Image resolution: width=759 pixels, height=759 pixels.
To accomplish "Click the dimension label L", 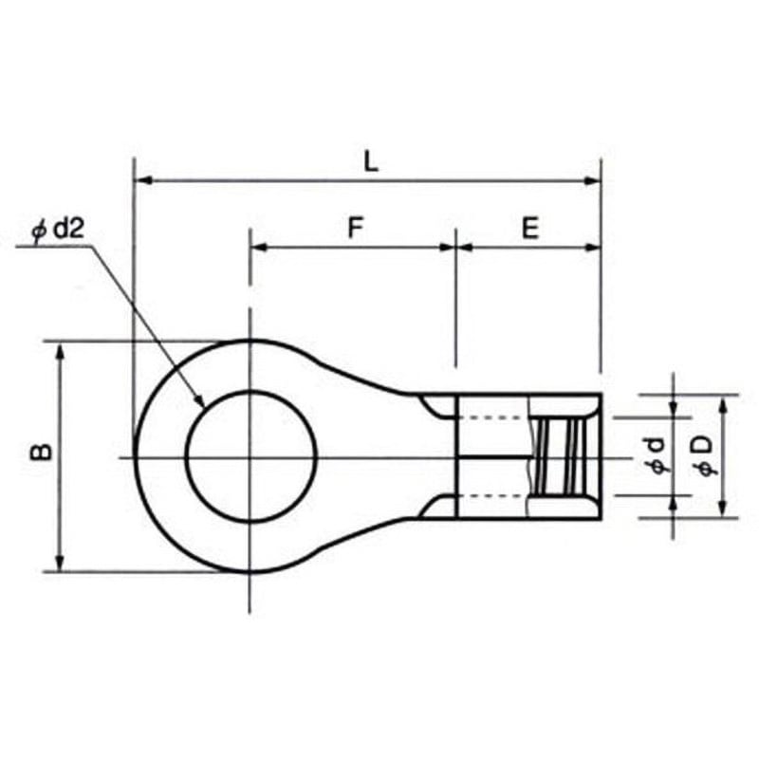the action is tap(371, 161).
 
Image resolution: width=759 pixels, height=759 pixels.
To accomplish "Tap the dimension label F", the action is tap(356, 228).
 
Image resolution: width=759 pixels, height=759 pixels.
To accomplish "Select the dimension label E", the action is tap(530, 228).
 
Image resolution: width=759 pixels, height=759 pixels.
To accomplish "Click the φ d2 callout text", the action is tap(58, 229).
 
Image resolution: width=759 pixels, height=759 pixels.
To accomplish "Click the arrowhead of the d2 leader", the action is tap(199, 400).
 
